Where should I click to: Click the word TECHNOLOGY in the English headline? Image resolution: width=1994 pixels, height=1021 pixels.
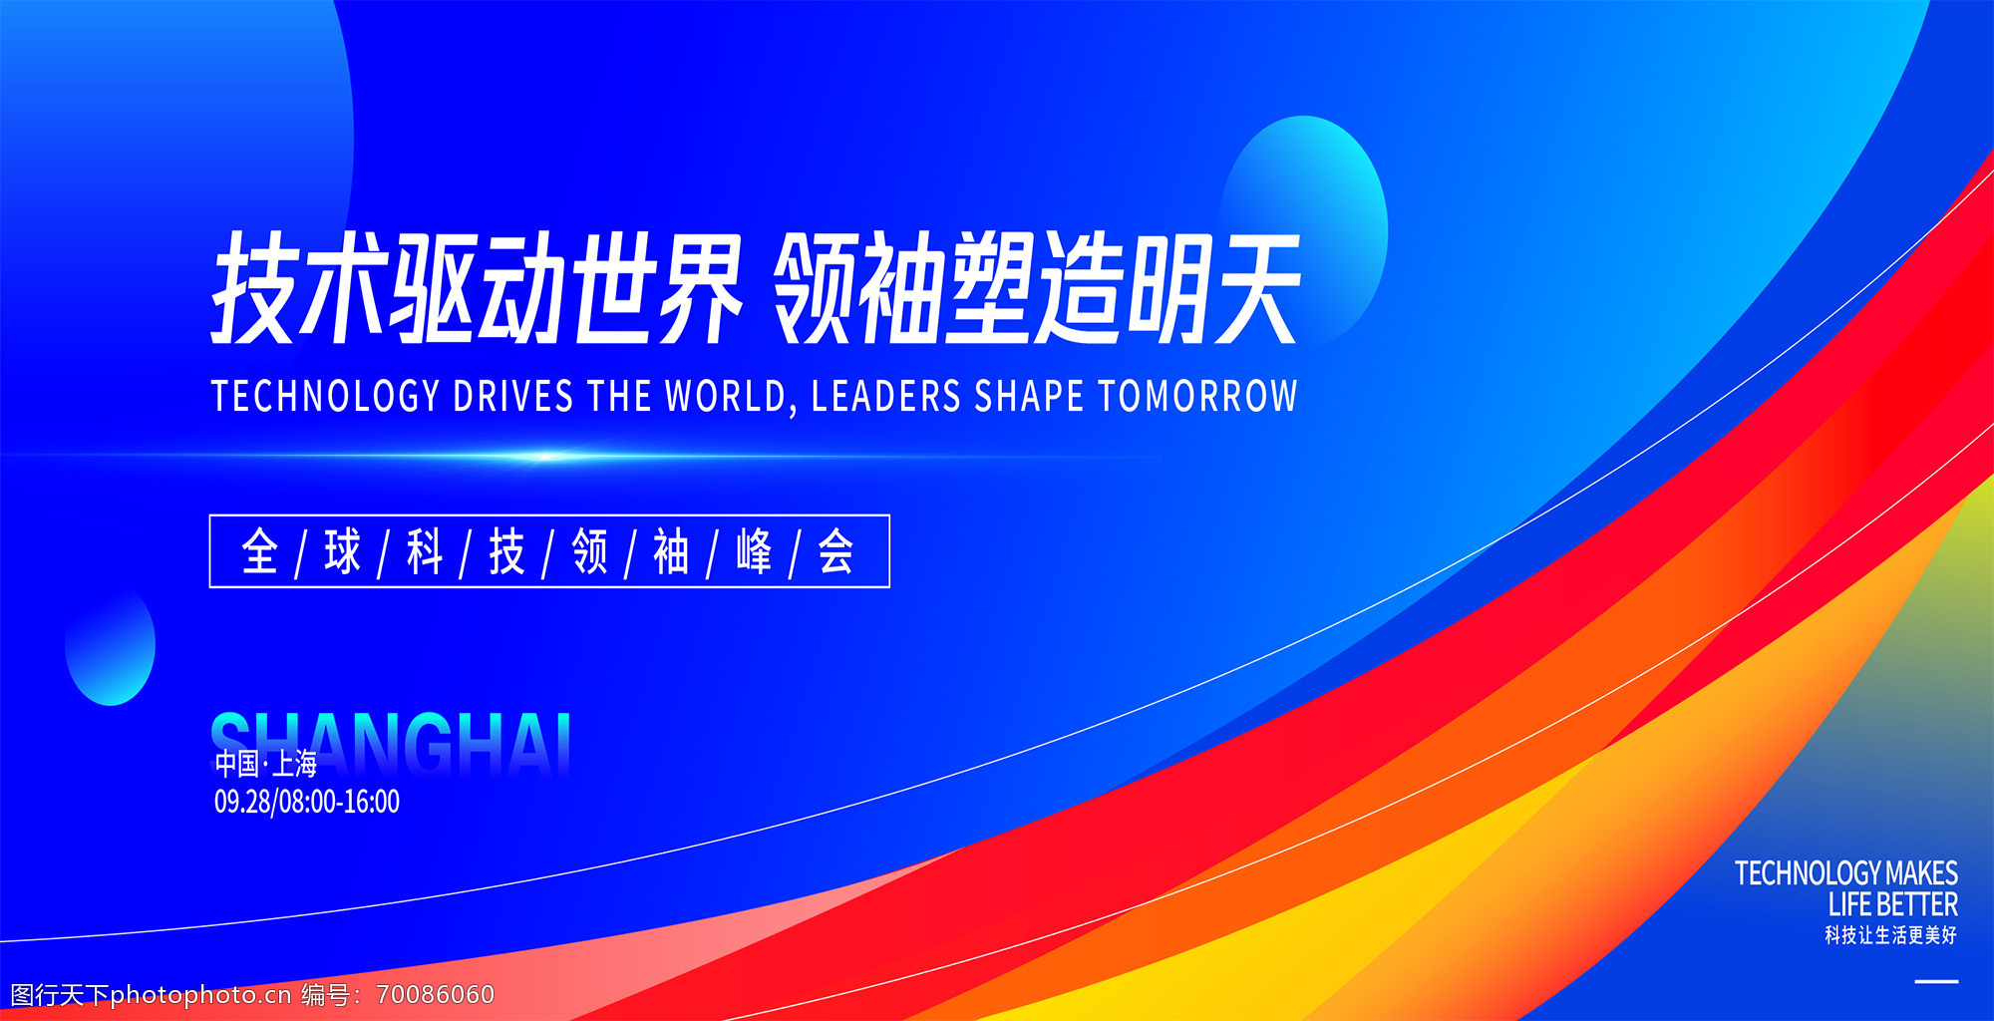325,396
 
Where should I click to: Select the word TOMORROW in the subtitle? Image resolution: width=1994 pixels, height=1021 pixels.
1197,396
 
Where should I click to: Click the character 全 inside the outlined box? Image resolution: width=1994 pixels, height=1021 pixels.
259,551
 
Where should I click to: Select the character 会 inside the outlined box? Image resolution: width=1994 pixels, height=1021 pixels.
835,551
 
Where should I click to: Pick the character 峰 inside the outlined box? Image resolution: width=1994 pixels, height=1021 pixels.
754,551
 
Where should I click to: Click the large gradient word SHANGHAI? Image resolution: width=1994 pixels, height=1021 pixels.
391,743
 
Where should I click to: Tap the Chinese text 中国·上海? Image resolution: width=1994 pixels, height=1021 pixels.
266,764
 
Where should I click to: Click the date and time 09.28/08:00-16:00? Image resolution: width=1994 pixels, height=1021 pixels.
307,802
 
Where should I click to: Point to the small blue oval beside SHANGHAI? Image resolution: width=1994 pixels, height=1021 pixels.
111,646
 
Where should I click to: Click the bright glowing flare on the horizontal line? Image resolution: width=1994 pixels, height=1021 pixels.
544,457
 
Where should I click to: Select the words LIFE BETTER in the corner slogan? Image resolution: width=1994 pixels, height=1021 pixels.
1892,904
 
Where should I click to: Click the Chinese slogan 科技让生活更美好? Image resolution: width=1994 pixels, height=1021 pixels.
1890,935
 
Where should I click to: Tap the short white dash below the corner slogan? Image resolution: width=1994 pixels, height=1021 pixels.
1936,982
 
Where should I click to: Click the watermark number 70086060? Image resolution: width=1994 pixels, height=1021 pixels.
436,995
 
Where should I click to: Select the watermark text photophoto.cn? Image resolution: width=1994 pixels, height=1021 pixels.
200,995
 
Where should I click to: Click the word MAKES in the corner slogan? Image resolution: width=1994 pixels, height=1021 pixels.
1921,873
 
